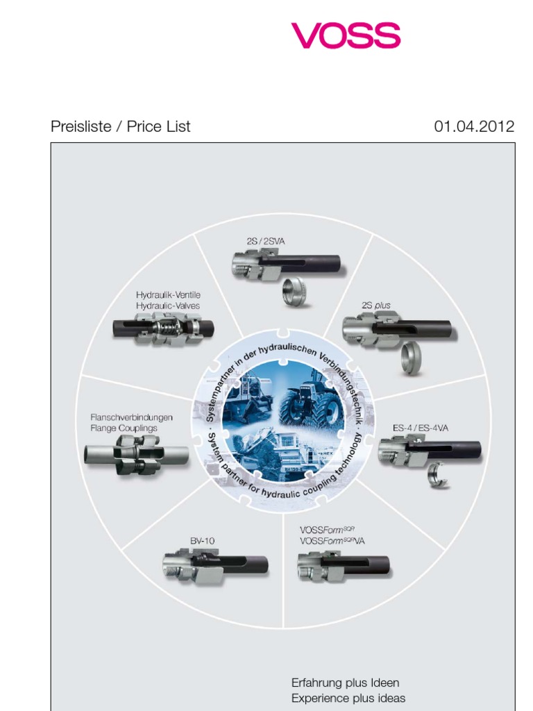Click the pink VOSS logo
coord(346,35)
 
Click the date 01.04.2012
coord(474,126)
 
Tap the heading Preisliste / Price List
coord(121,126)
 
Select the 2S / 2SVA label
coord(266,241)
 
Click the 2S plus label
coord(377,305)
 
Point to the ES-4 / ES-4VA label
coord(421,428)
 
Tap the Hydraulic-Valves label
coord(168,306)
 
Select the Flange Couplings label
coord(124,428)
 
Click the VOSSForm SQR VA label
coord(332,541)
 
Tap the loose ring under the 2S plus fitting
coord(411,358)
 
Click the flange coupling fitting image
coord(137,455)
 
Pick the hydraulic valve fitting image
coord(164,328)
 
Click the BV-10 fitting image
coord(215,564)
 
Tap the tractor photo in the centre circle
coord(311,401)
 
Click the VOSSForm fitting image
coord(343,566)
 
